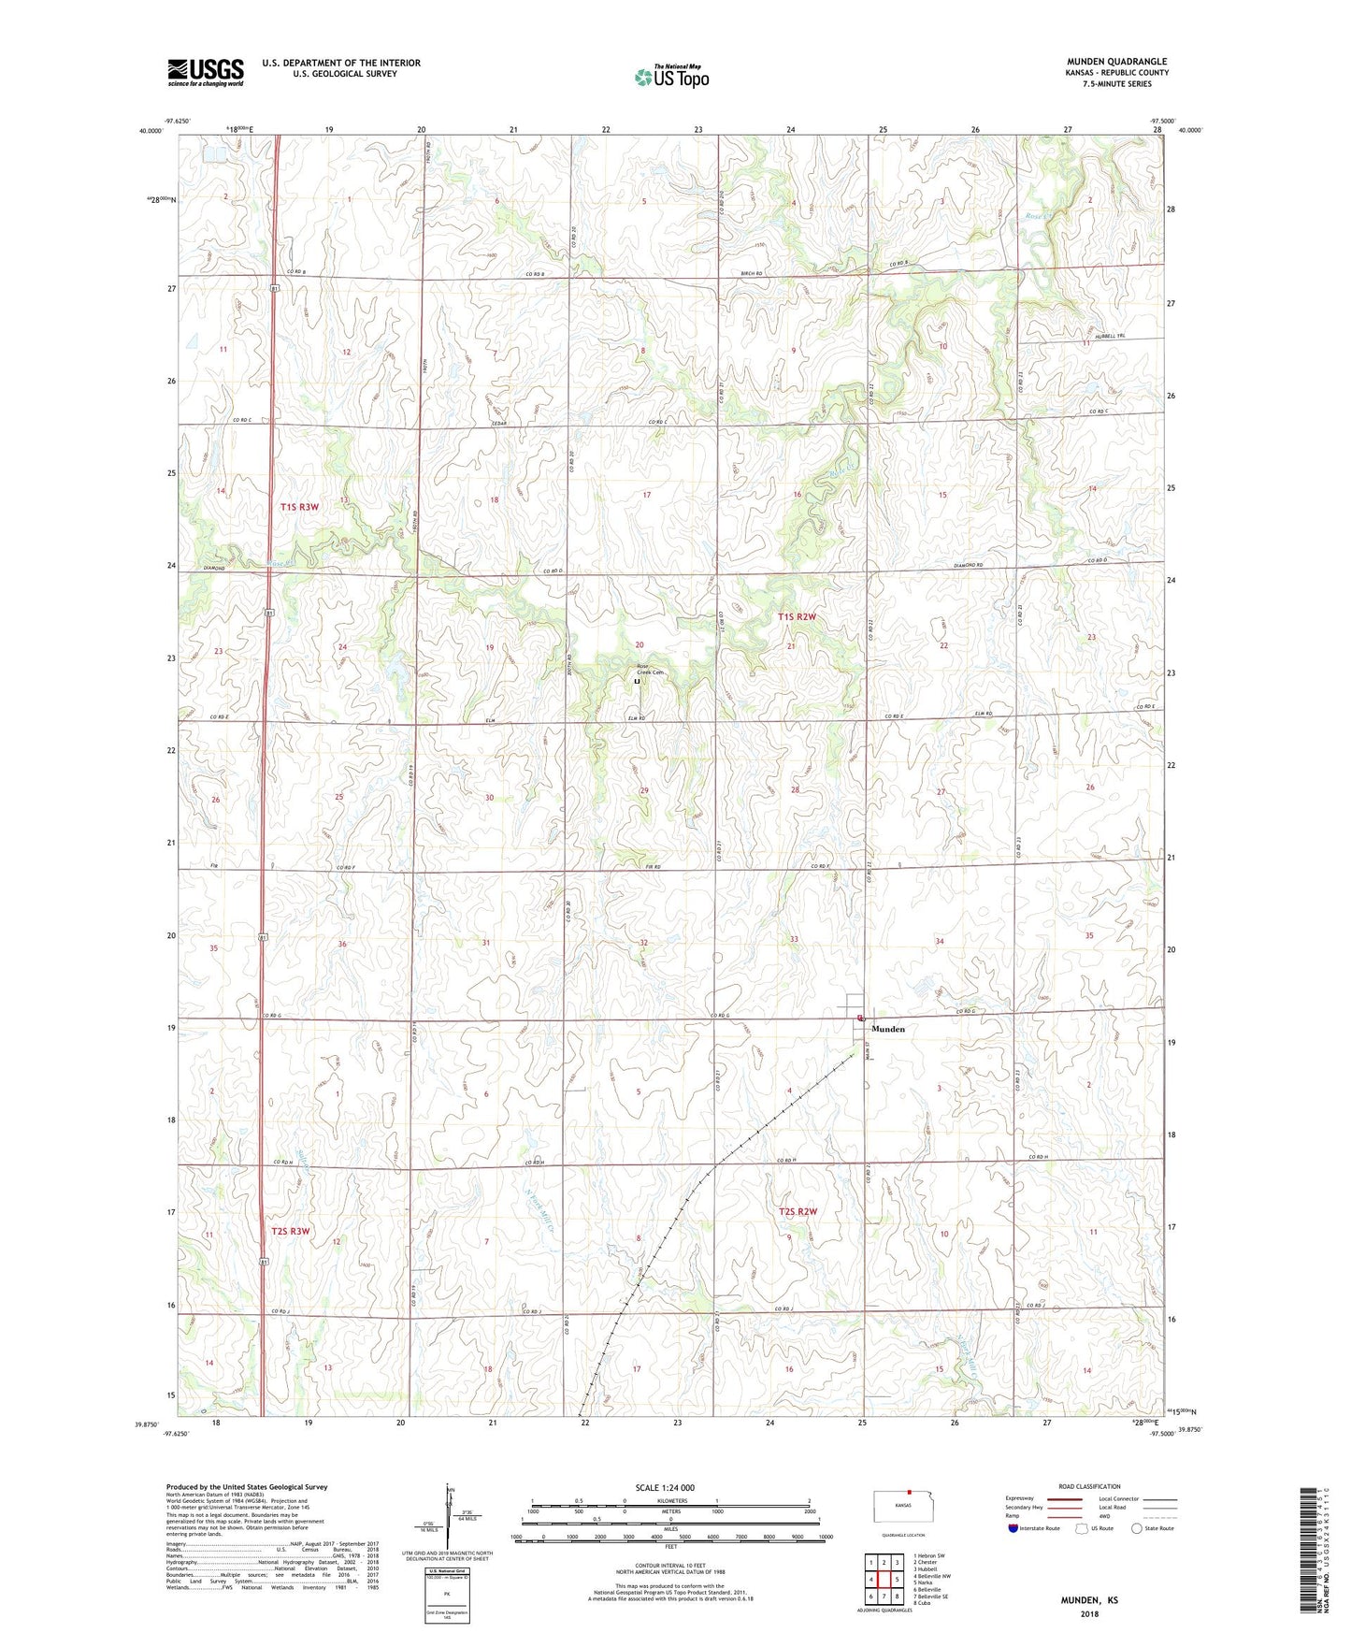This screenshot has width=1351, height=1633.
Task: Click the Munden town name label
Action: [887, 1029]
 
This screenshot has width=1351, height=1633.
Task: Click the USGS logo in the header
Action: [206, 72]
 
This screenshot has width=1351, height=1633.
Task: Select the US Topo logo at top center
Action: [671, 77]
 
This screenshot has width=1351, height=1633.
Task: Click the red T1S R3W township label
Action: [299, 507]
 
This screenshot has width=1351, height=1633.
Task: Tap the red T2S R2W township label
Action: [798, 1212]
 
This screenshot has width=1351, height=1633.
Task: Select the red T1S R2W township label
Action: [797, 617]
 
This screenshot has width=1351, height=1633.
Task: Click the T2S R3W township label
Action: [290, 1232]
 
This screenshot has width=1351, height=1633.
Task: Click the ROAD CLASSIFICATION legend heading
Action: [1090, 1486]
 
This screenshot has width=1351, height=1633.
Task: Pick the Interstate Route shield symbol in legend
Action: [1013, 1529]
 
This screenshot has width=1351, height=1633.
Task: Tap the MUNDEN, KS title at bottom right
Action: [1088, 1600]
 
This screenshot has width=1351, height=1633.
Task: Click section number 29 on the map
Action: [644, 791]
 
